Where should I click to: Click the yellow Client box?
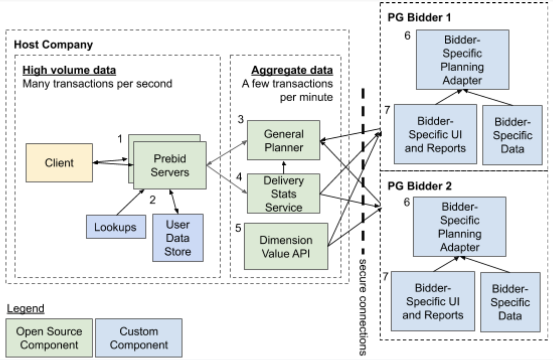59,163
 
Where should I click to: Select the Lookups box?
116,227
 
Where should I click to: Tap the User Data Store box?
178,238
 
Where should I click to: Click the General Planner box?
283,140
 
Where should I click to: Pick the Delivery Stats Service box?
283,194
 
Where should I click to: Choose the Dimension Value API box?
286,246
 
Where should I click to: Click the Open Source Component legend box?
49,338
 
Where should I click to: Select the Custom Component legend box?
139,338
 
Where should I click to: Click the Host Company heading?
53,45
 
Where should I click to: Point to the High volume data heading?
69,70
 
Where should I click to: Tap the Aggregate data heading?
292,70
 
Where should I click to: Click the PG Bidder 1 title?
419,18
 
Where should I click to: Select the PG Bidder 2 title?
419,186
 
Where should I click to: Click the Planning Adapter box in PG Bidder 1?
462,60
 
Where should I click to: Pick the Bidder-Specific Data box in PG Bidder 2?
510,302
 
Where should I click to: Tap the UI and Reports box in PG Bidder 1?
435,134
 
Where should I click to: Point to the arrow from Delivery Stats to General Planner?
284,167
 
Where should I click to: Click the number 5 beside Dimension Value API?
238,228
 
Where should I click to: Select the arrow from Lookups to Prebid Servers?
130,202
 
